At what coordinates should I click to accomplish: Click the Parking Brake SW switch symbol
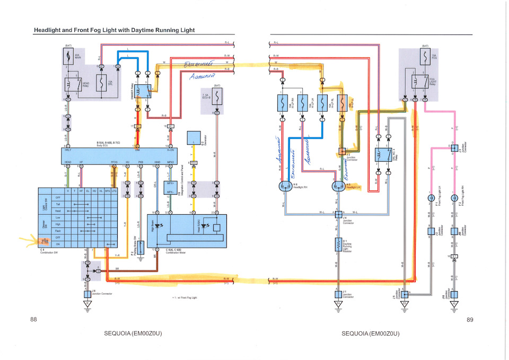click(x=141, y=247)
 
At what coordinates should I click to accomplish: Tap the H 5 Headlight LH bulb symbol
click(x=338, y=186)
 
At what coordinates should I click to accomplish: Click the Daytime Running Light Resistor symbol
click(x=337, y=244)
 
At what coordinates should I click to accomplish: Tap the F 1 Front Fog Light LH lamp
click(x=431, y=198)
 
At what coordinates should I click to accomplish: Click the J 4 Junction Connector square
click(x=337, y=216)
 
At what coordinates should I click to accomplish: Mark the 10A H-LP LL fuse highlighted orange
click(x=342, y=102)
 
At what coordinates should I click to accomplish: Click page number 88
click(x=33, y=319)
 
